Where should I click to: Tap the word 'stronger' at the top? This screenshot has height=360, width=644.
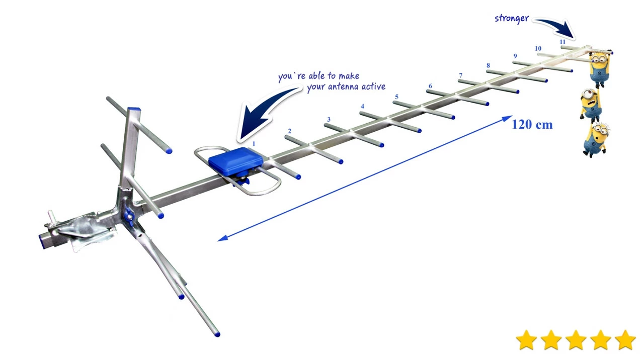coord(512,19)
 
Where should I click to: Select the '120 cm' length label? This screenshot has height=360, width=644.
coord(532,124)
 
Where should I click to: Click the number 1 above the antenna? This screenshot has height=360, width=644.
coord(254,144)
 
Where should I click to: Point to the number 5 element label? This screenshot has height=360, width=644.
coord(396,97)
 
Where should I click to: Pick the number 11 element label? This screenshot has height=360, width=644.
coord(562,42)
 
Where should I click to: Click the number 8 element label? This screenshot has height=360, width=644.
coord(488,65)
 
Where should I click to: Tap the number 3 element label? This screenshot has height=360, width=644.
coord(329,120)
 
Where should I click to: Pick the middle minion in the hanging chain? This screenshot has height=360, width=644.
coord(591,104)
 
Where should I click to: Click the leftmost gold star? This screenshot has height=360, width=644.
coord(526,340)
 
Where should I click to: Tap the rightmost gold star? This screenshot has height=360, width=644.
coord(625,340)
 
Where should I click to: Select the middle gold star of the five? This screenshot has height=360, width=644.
coord(576,340)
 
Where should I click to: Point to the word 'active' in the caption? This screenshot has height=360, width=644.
coord(373,86)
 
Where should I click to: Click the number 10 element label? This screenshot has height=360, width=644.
coord(538,49)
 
